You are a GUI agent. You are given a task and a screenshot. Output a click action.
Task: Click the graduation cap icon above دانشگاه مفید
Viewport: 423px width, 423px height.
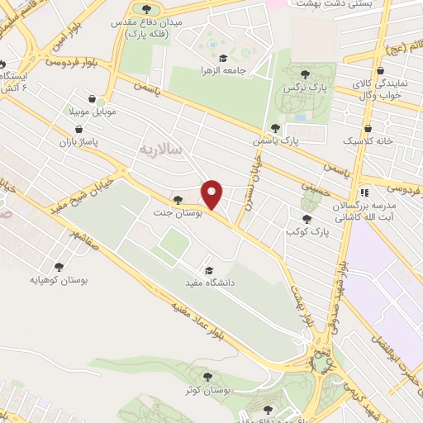click(209, 270)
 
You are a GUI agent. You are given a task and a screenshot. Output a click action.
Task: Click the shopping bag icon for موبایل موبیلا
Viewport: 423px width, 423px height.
click(102, 97)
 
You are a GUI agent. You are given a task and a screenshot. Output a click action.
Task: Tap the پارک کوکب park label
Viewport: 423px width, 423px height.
click(311, 232)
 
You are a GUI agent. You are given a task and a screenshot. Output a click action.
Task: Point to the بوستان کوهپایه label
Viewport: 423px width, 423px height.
click(59, 279)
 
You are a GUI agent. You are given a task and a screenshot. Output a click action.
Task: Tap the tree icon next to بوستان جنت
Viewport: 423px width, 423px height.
click(178, 199)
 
